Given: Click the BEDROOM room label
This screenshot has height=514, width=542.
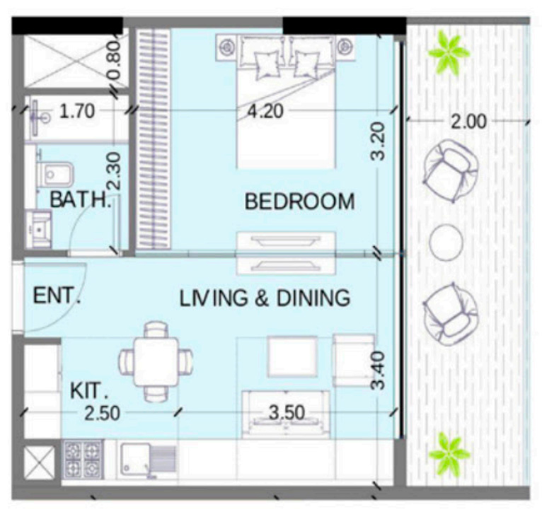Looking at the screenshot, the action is point(300,201).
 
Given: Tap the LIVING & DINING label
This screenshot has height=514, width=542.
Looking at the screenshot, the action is point(265,298).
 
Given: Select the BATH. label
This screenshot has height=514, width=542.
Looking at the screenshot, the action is point(80,199).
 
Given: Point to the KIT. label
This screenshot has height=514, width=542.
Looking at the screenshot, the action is point(89,391).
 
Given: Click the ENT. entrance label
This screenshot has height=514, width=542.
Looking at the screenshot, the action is point(57,296).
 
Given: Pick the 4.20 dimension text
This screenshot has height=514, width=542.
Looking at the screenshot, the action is point(265,111).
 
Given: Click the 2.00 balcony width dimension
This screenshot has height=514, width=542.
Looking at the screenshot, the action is point(468,122).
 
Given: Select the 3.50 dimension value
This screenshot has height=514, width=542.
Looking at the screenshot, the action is point(287,412).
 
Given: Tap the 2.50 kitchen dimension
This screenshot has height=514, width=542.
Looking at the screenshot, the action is point(103,414).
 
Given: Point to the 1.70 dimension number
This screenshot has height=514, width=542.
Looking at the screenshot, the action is point(77,112).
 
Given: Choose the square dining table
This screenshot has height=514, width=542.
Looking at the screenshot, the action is point(156,362).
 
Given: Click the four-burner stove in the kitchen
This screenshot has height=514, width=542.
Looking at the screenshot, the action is point(83,459).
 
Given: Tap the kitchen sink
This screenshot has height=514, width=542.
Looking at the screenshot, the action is point(149,460).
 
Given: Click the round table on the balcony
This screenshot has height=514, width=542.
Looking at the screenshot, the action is point(446,242).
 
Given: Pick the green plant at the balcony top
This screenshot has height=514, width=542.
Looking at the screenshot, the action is point(449,52).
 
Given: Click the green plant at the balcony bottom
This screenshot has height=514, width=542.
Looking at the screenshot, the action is point(449,453).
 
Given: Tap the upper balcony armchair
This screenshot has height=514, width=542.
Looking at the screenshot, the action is point(451,170).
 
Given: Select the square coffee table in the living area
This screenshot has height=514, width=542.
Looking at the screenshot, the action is point(292,357).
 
